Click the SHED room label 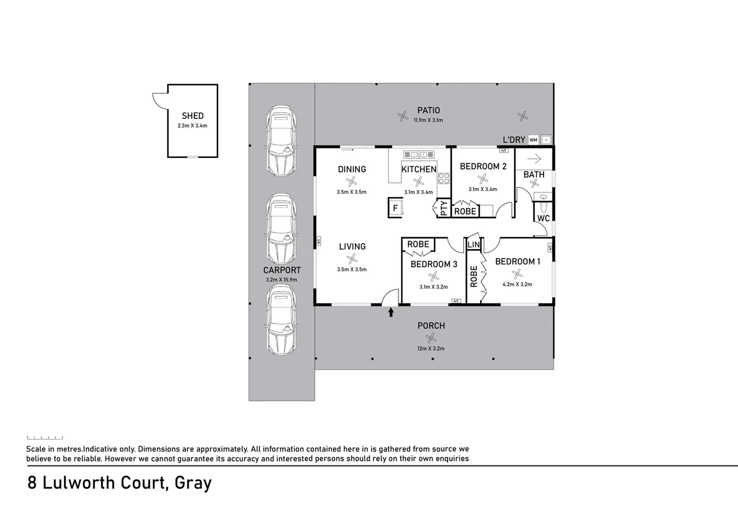[192, 116]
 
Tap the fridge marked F [395, 208]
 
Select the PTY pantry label [444, 208]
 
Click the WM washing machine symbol [533, 140]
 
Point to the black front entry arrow [391, 312]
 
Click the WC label [543, 218]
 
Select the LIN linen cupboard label [474, 245]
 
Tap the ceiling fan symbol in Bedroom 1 [517, 274]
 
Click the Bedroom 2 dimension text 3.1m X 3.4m [482, 189]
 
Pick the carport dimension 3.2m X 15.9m [281, 280]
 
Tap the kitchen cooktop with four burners [444, 179]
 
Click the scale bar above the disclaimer [44, 438]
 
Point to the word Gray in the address [193, 483]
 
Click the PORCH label [431, 326]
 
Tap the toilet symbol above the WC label [543, 207]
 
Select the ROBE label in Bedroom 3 [418, 245]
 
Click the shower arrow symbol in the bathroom [534, 159]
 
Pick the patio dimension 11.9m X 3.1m [428, 120]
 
